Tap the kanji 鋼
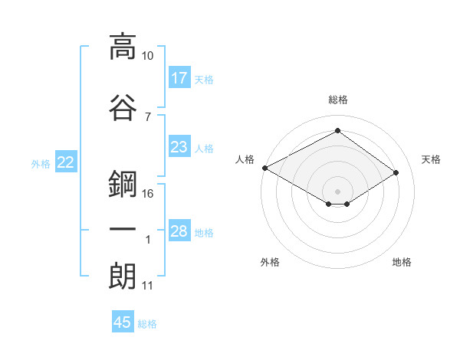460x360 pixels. point(123,185)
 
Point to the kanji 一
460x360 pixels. point(123,230)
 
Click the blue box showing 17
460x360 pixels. point(179,78)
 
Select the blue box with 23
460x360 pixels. point(179,147)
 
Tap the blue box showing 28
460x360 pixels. point(179,231)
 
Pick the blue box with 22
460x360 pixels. point(66,162)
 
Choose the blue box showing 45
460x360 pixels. point(123,322)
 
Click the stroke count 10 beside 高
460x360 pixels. point(148,57)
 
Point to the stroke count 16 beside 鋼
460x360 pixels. point(148,194)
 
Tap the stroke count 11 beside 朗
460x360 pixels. point(148,286)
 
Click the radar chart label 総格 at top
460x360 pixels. point(337,100)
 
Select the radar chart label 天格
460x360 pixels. point(431,159)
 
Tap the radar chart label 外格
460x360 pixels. point(270,262)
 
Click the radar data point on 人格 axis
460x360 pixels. point(264,168)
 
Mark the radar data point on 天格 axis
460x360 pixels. point(396,173)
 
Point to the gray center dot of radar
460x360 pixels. point(337,190)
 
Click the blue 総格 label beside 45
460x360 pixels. point(147,323)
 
